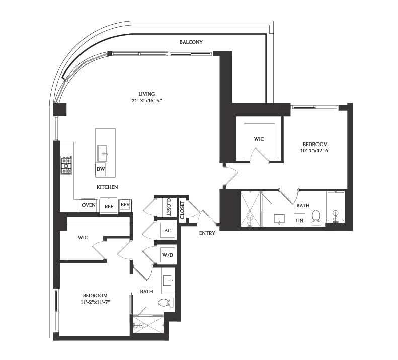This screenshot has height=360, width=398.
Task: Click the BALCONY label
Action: pyautogui.click(x=191, y=42)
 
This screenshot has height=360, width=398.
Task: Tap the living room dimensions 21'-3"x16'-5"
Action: pyautogui.click(x=147, y=101)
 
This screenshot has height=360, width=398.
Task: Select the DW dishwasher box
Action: pyautogui.click(x=101, y=170)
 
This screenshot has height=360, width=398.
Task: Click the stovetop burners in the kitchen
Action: pyautogui.click(x=66, y=165)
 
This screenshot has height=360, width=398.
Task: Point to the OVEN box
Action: pyautogui.click(x=89, y=205)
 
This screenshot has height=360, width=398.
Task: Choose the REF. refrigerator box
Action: pyautogui.click(x=109, y=206)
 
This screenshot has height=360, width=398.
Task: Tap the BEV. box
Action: pyautogui.click(x=125, y=205)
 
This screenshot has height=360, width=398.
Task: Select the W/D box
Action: pyautogui.click(x=167, y=255)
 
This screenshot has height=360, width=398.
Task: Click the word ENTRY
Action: pyautogui.click(x=207, y=233)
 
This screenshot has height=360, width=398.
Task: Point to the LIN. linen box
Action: pyautogui.click(x=299, y=221)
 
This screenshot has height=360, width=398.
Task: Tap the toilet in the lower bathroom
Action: pyautogui.click(x=165, y=303)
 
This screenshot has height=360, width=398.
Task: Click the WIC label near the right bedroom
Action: pyautogui.click(x=259, y=139)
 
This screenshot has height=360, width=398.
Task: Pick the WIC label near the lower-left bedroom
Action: pyautogui.click(x=83, y=237)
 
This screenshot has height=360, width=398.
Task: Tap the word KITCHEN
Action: pyautogui.click(x=107, y=187)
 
